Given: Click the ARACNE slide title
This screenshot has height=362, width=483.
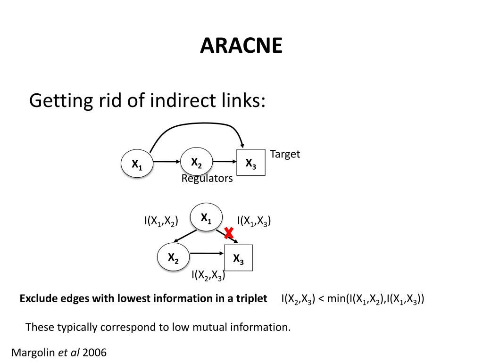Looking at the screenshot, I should tap(241, 46).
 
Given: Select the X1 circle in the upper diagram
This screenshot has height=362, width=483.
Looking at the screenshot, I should tap(137, 164).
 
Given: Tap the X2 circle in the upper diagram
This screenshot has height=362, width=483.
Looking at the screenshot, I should tap(197, 162).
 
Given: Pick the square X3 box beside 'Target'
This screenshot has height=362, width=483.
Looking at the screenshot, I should tap(251, 163).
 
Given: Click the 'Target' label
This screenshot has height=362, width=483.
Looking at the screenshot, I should tap(285, 154).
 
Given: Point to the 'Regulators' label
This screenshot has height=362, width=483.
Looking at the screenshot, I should tap(207, 179).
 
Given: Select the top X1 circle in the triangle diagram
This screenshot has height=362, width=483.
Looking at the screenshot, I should tap(206, 217).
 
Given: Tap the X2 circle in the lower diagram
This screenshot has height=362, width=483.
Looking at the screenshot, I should tap(173, 257).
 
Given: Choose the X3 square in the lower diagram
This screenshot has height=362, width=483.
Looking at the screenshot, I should tap(238, 258).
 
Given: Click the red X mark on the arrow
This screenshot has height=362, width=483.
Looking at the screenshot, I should tap(229, 233).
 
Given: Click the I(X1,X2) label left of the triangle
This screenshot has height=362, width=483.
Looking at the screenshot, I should tap(161, 221).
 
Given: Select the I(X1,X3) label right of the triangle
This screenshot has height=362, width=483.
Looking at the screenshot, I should tap(254, 221).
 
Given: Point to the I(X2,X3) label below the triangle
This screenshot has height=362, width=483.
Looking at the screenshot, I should tap(208, 275).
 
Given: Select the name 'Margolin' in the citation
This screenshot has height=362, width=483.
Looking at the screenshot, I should tap(33, 352).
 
